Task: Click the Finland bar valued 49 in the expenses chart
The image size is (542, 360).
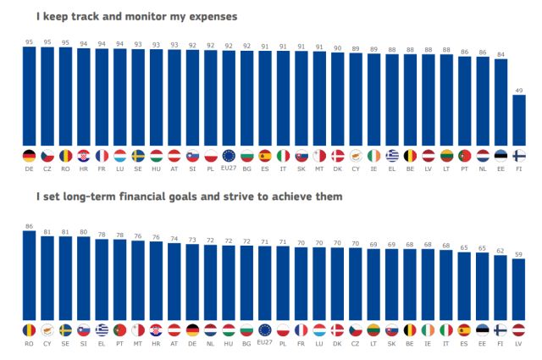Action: (x=519, y=119)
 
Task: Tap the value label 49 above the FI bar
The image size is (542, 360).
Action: (x=519, y=90)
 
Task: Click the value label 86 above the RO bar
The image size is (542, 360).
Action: (x=29, y=227)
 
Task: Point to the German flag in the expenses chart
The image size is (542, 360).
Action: (x=29, y=155)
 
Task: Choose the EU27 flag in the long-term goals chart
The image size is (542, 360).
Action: (x=265, y=330)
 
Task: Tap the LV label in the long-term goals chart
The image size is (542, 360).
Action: (x=519, y=344)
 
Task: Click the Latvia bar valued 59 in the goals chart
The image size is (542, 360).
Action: (x=519, y=288)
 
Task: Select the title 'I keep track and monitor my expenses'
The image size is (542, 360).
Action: (x=136, y=16)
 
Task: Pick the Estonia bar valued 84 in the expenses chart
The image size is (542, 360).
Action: (x=501, y=102)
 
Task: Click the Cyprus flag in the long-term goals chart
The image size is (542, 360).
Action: (x=47, y=330)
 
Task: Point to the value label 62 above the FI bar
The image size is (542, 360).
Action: (x=501, y=251)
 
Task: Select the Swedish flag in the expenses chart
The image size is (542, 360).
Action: (x=138, y=155)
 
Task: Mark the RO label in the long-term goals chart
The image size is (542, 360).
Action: (x=29, y=344)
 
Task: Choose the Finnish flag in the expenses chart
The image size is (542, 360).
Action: (x=519, y=155)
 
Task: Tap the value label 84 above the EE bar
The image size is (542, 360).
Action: (x=501, y=54)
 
